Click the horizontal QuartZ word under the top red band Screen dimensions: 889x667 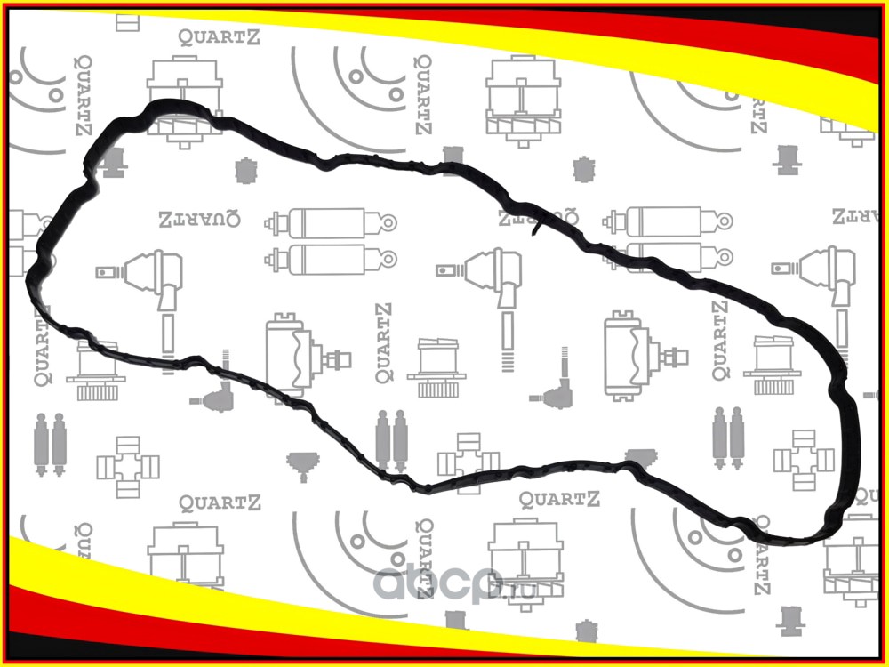pos(220,36)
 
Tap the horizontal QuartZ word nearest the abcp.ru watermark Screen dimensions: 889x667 pos(560,500)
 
